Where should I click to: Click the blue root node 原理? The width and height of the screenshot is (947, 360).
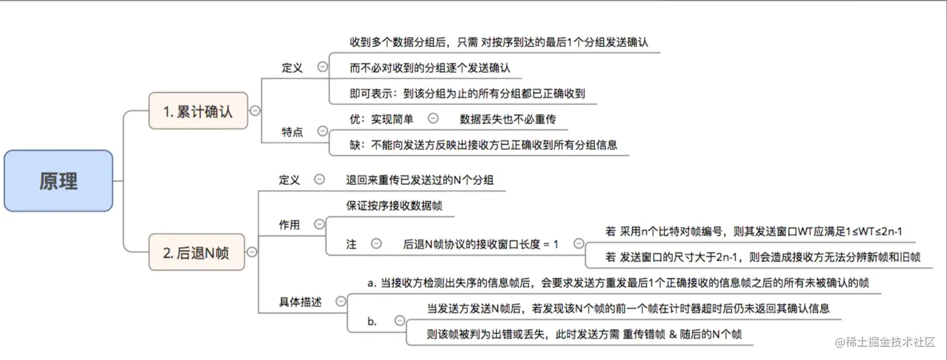pos(58,180)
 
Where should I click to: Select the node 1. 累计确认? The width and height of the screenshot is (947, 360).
pos(198,111)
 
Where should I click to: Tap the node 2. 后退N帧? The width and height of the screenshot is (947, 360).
pos(196,252)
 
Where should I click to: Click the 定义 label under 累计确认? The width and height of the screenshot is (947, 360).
pos(292,68)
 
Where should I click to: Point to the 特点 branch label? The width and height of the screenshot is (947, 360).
pos(292,131)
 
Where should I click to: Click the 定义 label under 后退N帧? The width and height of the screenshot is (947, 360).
pos(289,180)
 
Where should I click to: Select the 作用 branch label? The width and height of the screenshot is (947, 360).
pos(289,225)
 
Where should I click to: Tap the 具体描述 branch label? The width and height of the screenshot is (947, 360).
pos(301,301)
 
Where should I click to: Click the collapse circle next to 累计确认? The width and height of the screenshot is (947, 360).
pos(255,111)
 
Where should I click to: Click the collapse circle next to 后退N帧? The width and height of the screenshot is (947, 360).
pos(252,252)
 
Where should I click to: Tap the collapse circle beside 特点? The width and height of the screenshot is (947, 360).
pos(323,131)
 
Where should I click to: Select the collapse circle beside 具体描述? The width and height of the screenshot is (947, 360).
pos(341,301)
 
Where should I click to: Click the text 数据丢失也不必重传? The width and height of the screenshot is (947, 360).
pos(508,118)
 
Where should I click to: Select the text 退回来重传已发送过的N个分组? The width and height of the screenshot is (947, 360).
pos(420,180)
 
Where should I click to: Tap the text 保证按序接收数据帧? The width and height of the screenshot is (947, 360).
pos(395,205)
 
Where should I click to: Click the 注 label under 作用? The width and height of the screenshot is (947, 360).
pos(351,244)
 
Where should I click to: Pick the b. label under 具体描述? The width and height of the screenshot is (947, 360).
pos(372,321)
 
